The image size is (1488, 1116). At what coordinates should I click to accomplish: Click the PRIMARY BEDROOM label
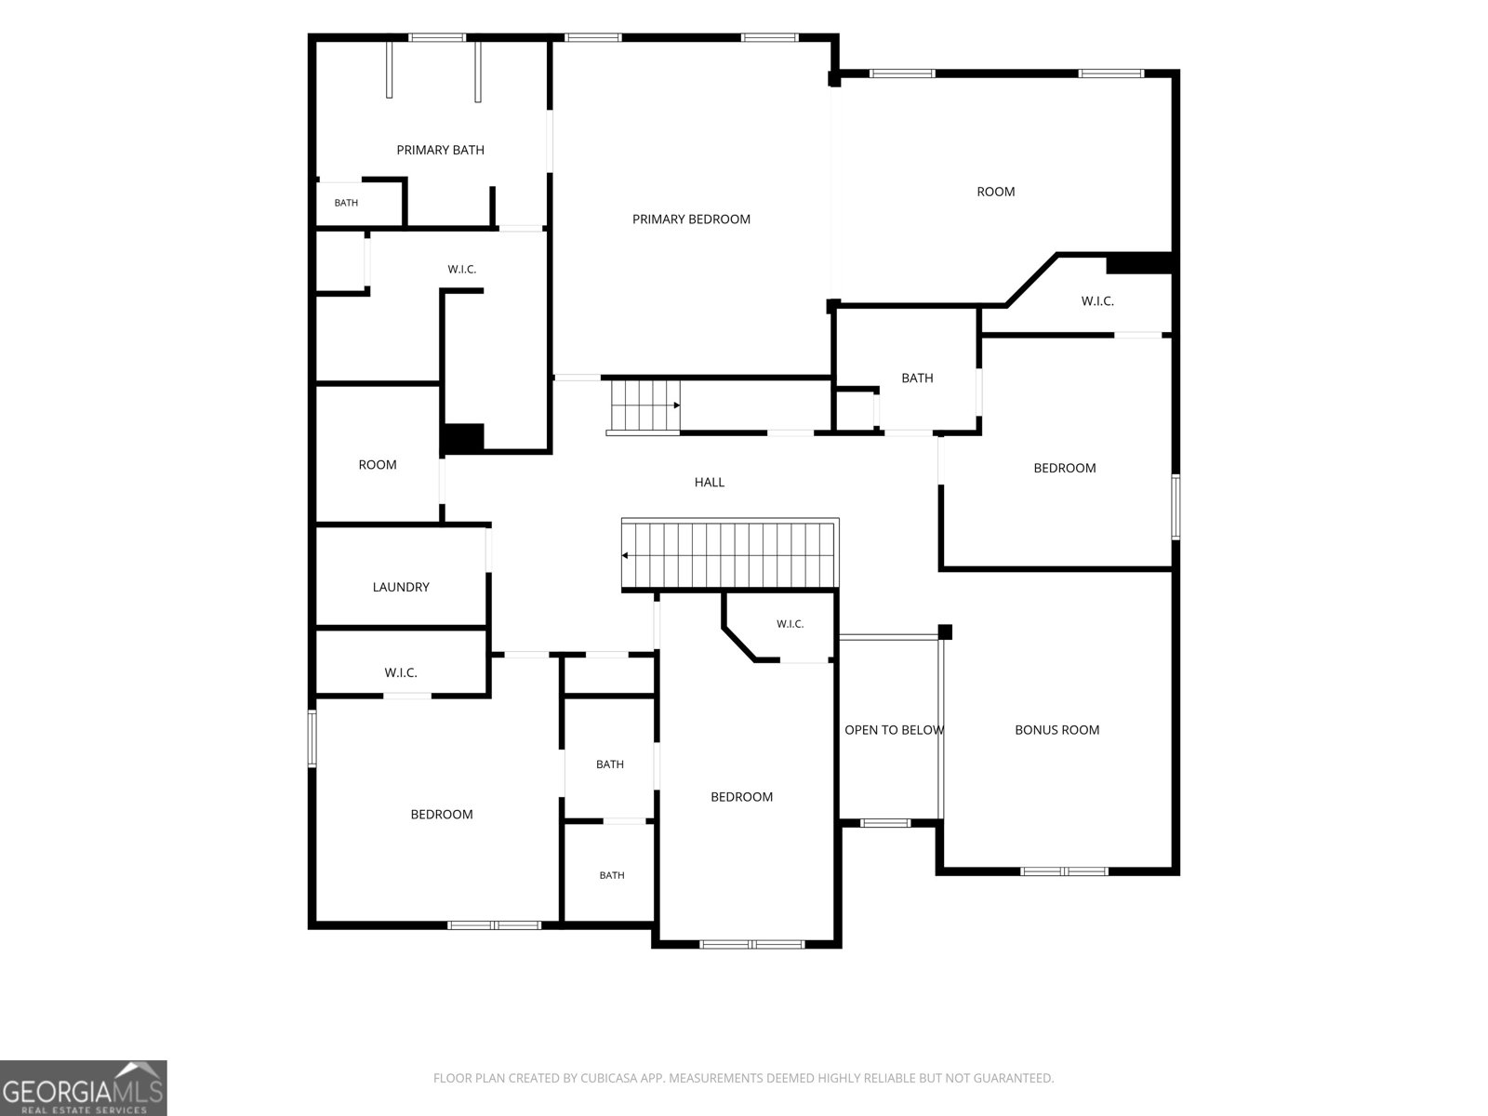point(691,219)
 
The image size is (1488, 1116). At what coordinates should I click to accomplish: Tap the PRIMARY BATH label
point(440,150)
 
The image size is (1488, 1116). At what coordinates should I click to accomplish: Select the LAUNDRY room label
point(401,587)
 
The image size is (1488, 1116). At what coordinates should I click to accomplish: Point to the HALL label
point(709,482)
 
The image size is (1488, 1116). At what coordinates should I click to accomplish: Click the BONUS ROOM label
point(1056,730)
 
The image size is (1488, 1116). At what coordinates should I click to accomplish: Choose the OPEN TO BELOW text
point(894,730)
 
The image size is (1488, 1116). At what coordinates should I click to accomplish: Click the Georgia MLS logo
point(84,1088)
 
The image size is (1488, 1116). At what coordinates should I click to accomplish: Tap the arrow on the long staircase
point(625,555)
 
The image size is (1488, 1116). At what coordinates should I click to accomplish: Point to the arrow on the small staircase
point(676,405)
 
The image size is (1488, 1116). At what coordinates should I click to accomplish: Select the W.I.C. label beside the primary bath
point(461,269)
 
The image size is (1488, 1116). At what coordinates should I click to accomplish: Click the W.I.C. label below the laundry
point(401,672)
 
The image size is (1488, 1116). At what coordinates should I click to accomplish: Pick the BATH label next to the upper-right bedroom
point(917,379)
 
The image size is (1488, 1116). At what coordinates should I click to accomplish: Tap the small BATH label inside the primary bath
point(346,203)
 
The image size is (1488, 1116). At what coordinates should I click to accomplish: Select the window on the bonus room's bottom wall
point(1064,871)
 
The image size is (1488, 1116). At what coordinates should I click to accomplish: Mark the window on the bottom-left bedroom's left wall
point(312,737)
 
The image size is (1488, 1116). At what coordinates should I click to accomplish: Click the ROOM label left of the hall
point(378,465)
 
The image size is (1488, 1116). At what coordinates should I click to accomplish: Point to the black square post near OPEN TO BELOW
point(945,631)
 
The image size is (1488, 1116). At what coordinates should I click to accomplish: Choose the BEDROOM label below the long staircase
point(741,797)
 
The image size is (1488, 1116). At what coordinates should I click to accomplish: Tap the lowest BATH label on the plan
point(611,875)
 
